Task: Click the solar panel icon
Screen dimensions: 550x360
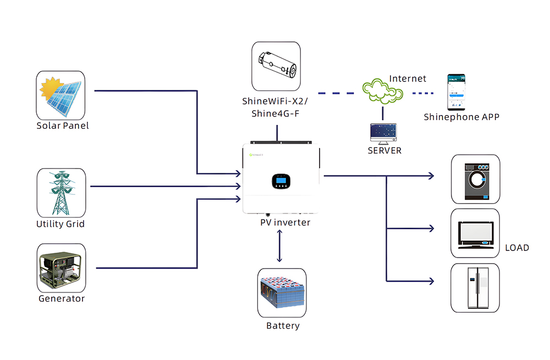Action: pyautogui.click(x=61, y=96)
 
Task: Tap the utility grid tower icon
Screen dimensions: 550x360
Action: pyautogui.click(x=62, y=193)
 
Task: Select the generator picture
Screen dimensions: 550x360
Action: pyautogui.click(x=62, y=268)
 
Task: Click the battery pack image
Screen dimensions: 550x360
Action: pyautogui.click(x=282, y=293)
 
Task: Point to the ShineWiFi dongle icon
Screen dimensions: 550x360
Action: pyautogui.click(x=276, y=67)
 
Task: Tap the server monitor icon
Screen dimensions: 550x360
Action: pyautogui.click(x=383, y=134)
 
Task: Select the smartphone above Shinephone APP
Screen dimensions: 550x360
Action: pyautogui.click(x=457, y=92)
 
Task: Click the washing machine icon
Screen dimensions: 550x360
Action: pyautogui.click(x=476, y=179)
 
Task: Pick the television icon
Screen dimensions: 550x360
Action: pyautogui.click(x=475, y=233)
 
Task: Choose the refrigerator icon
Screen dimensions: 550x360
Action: pyautogui.click(x=475, y=288)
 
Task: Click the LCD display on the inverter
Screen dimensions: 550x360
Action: pyautogui.click(x=281, y=181)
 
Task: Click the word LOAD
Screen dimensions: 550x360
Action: pyautogui.click(x=517, y=248)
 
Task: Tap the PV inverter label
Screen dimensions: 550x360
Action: pyautogui.click(x=285, y=222)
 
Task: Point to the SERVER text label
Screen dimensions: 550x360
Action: pyautogui.click(x=384, y=151)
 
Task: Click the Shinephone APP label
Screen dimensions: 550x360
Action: pyautogui.click(x=461, y=117)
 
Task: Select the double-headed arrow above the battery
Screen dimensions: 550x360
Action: pyautogui.click(x=279, y=246)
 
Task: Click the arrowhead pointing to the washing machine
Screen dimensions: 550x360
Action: pyautogui.click(x=431, y=176)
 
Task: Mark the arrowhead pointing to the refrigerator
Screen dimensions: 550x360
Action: pyautogui.click(x=431, y=281)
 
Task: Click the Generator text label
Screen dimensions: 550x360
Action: pyautogui.click(x=62, y=298)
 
